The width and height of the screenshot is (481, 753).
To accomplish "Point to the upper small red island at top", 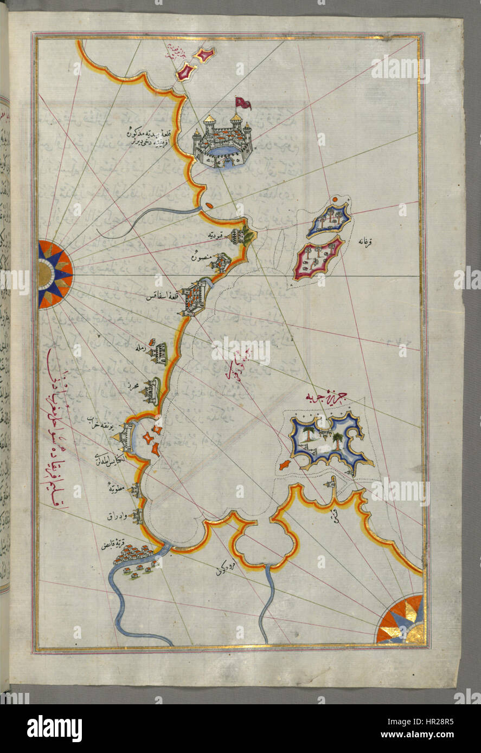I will pyautogui.click(x=206, y=54).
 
